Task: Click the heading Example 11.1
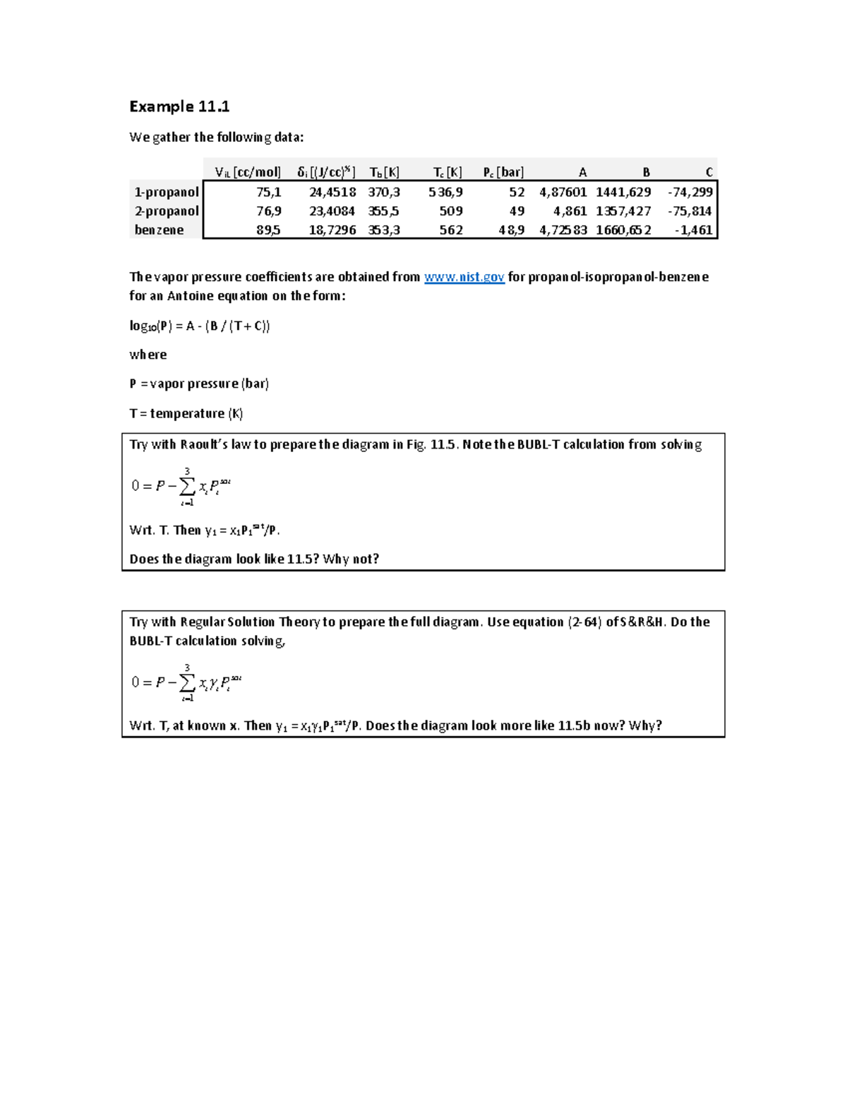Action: point(179,107)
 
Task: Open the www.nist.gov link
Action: point(464,277)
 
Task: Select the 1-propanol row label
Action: point(167,192)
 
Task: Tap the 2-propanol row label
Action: point(167,211)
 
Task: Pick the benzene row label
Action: point(160,230)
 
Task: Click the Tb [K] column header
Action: point(384,172)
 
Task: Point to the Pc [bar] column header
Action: point(503,172)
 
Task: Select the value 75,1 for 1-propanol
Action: point(268,192)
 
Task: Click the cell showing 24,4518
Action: point(332,192)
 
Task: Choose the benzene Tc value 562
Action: point(451,230)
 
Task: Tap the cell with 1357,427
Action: point(623,211)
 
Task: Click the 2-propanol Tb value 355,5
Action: point(383,211)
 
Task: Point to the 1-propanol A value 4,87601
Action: point(563,192)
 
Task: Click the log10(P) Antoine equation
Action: point(200,326)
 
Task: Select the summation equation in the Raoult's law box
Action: point(181,486)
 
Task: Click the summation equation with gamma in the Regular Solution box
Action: point(186,682)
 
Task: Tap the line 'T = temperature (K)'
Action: point(186,413)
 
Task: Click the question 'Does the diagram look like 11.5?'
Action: point(254,559)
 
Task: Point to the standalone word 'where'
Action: point(148,355)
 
